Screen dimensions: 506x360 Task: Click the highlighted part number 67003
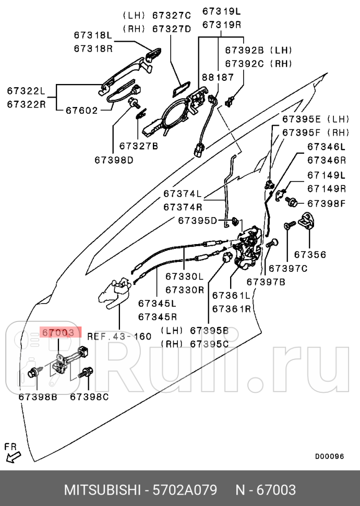(x=62, y=332)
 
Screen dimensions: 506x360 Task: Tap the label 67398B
(x=38, y=396)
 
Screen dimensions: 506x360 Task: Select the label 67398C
(x=89, y=396)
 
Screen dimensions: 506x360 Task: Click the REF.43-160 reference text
(x=119, y=336)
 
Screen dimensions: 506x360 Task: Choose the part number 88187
(x=218, y=77)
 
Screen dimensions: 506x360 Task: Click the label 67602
(x=81, y=110)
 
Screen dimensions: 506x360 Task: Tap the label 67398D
(x=114, y=160)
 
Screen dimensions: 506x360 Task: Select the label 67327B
(x=138, y=146)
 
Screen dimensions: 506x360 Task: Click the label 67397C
(x=289, y=269)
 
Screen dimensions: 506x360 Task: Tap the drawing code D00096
(x=329, y=456)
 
